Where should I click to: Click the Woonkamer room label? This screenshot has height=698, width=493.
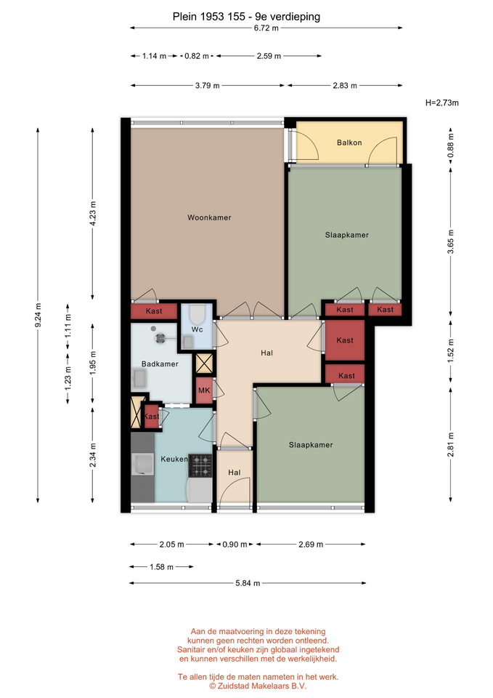coord(209,217)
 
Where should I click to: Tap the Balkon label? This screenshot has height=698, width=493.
coord(349,143)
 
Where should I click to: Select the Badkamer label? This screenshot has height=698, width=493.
coord(160,364)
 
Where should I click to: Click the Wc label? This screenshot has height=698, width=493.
coord(197,329)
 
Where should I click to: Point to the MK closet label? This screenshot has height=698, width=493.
coord(204,390)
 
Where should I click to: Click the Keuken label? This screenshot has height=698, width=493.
coord(174,459)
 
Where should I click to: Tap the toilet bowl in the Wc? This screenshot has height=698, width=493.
coord(197,314)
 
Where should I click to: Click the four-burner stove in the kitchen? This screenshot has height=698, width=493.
coord(200,465)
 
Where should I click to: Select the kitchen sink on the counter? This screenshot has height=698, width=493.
coord(143,465)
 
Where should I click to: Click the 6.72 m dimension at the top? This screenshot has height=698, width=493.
coord(266,28)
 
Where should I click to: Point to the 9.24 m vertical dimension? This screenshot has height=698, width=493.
coord(38,315)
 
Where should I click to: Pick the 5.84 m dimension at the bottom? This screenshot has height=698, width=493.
coord(248,583)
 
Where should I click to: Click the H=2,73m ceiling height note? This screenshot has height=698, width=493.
coord(442,103)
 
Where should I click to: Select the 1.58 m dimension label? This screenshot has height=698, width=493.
coord(161,567)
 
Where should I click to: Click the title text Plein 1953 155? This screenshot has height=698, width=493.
coord(209,17)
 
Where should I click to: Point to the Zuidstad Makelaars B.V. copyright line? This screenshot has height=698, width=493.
coord(258,686)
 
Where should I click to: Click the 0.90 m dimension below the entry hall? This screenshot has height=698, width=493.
coord(235,545)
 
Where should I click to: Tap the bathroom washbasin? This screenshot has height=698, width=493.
coord(139,379)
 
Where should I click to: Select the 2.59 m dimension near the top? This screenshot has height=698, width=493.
coord(269,56)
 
